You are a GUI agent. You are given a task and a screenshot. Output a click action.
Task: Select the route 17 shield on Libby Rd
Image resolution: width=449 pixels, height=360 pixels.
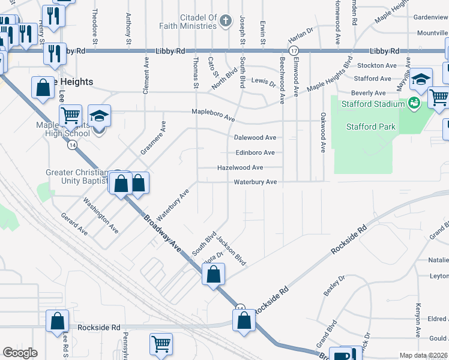294,52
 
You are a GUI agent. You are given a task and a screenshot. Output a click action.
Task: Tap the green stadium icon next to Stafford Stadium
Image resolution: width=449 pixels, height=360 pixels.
413,104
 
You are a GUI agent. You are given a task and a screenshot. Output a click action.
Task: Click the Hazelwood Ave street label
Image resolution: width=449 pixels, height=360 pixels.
240,168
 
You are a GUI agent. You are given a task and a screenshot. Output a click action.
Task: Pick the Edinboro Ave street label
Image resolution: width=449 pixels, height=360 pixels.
255,153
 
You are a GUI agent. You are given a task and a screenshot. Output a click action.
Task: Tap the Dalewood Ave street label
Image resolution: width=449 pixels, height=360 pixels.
255,137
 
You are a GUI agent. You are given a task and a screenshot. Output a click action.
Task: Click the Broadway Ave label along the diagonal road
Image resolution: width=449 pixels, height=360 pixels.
161,229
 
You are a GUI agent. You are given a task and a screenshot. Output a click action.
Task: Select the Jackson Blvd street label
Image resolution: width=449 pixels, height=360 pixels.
232,251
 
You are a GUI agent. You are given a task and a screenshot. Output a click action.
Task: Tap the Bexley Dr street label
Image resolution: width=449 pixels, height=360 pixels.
334,286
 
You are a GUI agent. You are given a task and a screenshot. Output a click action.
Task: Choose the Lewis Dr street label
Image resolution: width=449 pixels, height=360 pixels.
263,80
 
